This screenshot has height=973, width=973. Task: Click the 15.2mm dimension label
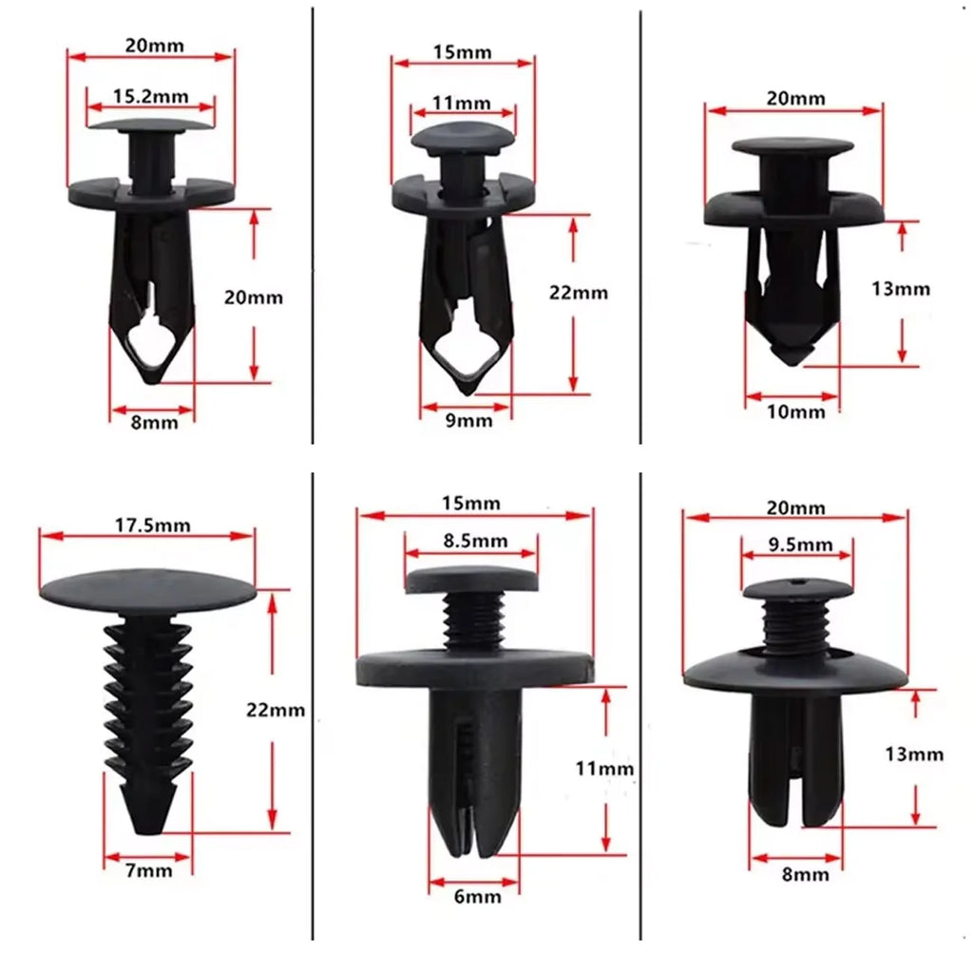[x=150, y=95]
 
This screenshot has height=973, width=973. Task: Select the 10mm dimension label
[x=794, y=410]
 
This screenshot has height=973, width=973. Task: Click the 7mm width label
[x=148, y=869]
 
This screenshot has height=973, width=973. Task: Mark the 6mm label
[x=473, y=894]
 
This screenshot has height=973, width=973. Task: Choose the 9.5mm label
[x=798, y=545]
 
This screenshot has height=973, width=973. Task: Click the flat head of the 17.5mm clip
[x=148, y=589]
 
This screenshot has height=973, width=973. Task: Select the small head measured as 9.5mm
[x=798, y=589]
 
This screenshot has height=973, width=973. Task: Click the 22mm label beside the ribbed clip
[x=275, y=709]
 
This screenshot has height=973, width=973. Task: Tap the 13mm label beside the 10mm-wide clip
[x=901, y=289]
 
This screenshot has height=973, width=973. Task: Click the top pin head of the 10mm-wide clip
[x=793, y=147]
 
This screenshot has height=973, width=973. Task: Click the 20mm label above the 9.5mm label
[x=796, y=508]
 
